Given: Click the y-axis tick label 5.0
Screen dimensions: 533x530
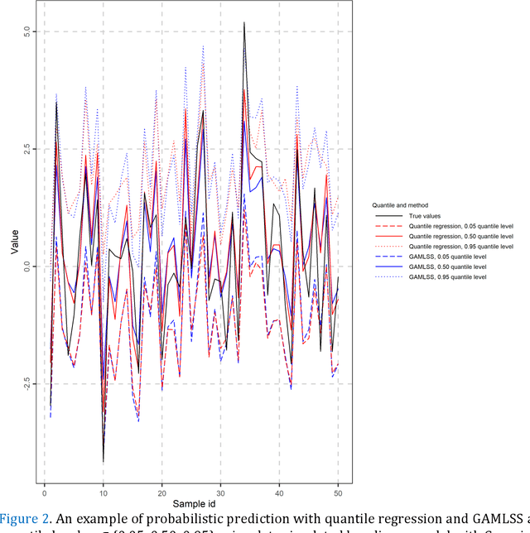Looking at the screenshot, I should (x=26, y=31).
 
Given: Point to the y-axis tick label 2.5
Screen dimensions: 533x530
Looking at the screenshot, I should (x=26, y=149).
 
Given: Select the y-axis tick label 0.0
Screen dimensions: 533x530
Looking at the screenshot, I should (x=26, y=266).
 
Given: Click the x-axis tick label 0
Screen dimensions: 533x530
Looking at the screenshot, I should (x=44, y=489).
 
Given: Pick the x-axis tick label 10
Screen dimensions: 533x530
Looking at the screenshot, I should (x=103, y=489).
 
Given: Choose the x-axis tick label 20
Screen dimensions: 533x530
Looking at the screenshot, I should (x=161, y=489).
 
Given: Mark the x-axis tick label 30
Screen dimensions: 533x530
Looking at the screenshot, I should (x=220, y=489).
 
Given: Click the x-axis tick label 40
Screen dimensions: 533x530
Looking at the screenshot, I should (x=280, y=489).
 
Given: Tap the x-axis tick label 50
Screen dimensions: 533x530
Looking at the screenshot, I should (x=339, y=489).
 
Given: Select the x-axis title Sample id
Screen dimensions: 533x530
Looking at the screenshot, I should (x=191, y=503).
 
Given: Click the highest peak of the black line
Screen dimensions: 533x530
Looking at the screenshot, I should (x=243, y=22).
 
